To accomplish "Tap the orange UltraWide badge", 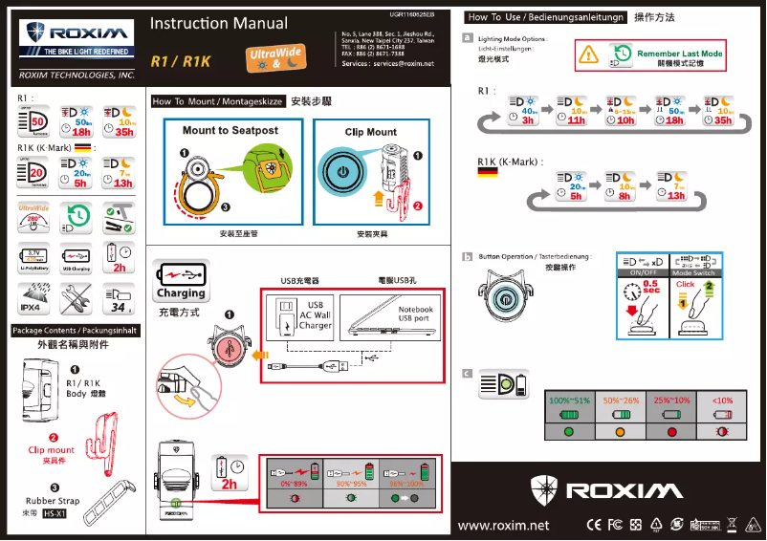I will click(x=275, y=59).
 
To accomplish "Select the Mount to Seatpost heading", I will click(x=230, y=130).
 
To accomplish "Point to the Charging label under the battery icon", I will click(x=181, y=293).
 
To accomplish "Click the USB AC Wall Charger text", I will click(x=315, y=315).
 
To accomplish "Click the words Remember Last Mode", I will click(x=679, y=54).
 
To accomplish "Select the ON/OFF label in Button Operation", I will click(x=642, y=273).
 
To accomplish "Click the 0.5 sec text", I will click(x=650, y=288).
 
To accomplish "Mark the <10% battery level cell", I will click(x=723, y=400).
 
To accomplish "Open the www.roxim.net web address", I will click(x=504, y=525).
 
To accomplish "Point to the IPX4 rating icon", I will click(x=31, y=308).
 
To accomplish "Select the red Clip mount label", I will click(x=51, y=449).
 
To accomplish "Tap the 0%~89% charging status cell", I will click(x=294, y=485).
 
